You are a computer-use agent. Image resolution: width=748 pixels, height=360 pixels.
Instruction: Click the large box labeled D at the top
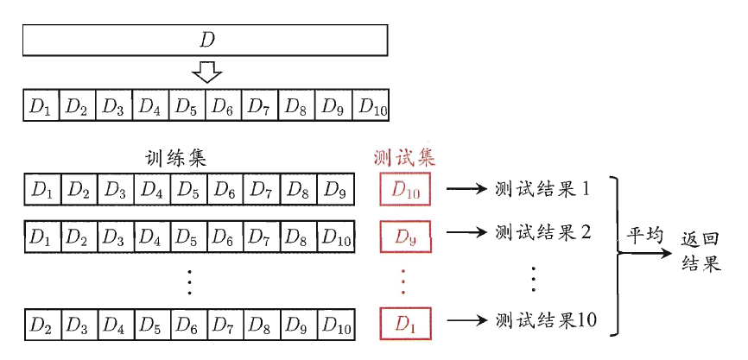(206, 40)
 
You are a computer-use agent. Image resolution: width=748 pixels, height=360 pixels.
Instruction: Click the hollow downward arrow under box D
(206, 72)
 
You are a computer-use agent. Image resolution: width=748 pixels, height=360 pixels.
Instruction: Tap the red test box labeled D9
(405, 234)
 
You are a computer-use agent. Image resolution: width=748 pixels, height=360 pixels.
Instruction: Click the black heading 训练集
(175, 158)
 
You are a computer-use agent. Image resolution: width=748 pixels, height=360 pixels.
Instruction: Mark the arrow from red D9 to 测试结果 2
(467, 234)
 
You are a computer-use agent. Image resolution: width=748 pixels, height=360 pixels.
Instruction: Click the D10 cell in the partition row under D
(373, 107)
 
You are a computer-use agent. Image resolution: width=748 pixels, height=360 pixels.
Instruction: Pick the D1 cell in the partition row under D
(41, 107)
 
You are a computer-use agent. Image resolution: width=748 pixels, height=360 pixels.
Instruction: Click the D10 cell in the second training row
(336, 235)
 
